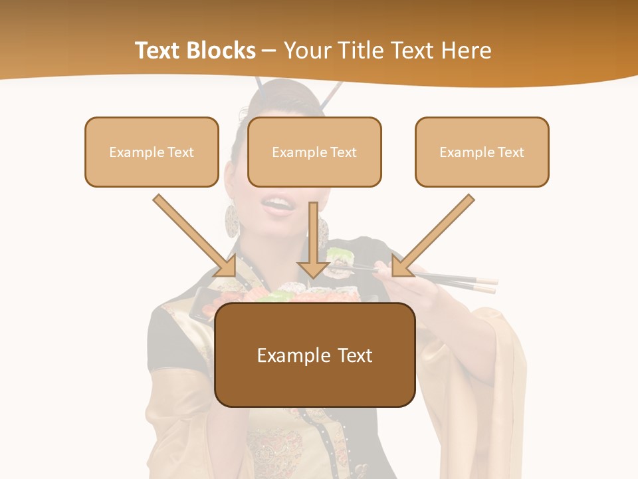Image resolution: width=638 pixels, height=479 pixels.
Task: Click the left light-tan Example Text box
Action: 152,152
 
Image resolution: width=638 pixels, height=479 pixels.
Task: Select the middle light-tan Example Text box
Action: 314,152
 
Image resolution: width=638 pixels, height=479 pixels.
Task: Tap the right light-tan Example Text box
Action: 482,152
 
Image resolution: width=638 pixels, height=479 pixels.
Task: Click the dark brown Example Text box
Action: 315,355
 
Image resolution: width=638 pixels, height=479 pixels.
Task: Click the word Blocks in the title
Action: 220,50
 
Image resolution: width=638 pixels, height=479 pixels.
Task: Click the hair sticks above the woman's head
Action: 332,96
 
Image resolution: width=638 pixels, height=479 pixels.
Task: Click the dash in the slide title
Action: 269,50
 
